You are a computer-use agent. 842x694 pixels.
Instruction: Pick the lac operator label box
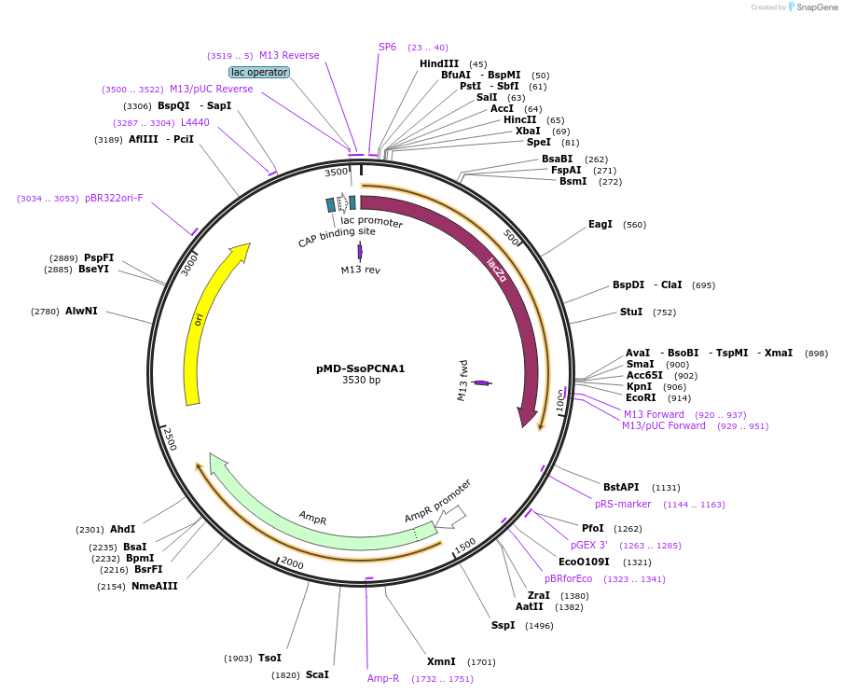(x=259, y=72)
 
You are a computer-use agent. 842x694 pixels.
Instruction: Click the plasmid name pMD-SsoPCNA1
(x=360, y=368)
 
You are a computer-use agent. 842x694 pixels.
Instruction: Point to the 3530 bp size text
(x=361, y=381)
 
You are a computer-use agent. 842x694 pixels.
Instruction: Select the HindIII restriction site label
(x=439, y=64)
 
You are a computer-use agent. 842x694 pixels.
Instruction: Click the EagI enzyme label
(x=600, y=225)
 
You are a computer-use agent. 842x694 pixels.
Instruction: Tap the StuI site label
(x=631, y=312)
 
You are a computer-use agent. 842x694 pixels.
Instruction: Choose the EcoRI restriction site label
(x=641, y=398)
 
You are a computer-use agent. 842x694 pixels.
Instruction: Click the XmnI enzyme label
(x=441, y=661)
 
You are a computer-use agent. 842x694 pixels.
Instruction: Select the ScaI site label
(x=317, y=674)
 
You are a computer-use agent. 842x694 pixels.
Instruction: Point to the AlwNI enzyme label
(x=81, y=312)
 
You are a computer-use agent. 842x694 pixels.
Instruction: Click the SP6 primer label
(x=387, y=47)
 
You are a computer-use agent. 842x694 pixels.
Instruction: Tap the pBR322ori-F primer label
(x=114, y=198)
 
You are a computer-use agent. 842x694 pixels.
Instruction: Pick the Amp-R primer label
(x=383, y=679)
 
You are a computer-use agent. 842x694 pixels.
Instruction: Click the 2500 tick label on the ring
(x=169, y=438)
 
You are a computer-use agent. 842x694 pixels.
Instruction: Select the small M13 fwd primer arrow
(x=481, y=382)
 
